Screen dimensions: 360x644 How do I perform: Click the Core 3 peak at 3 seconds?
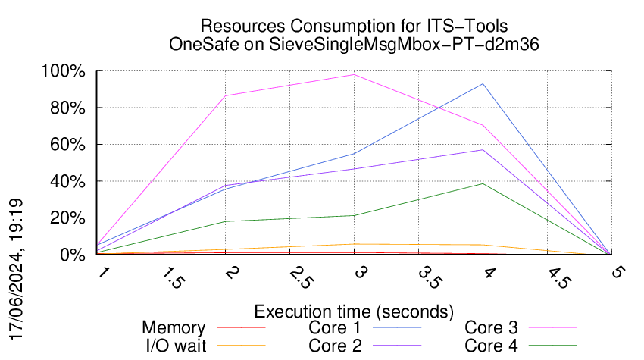click(354, 74)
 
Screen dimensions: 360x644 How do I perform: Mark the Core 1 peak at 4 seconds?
click(483, 83)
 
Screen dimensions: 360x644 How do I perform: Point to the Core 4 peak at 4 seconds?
click(483, 183)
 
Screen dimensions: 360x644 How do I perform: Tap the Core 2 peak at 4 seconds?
click(483, 149)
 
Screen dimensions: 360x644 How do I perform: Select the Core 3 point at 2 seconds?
click(225, 95)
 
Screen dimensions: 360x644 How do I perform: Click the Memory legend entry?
click(174, 328)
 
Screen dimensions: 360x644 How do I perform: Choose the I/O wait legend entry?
click(174, 345)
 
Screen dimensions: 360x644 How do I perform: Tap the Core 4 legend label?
click(491, 345)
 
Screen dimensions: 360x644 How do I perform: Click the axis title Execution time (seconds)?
click(354, 311)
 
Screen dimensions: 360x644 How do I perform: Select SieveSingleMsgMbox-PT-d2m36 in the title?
click(396, 44)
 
